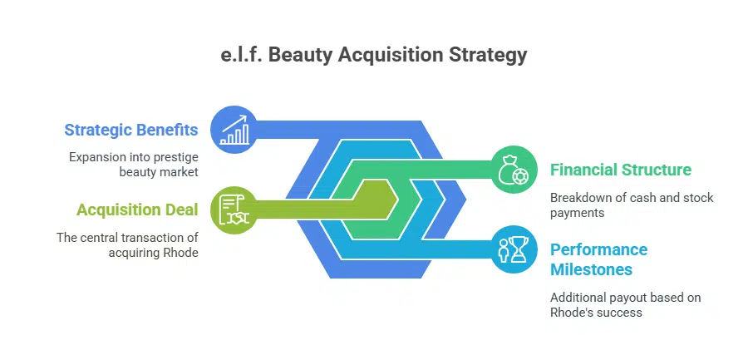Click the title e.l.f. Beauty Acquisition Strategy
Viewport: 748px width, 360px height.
[373, 56]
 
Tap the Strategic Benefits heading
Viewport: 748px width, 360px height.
[131, 130]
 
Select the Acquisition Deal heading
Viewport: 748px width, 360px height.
[137, 210]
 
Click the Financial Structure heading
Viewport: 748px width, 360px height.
[620, 170]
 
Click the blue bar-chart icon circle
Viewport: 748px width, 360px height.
[234, 130]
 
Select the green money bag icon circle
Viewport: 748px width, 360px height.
[512, 170]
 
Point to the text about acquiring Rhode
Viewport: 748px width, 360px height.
[127, 244]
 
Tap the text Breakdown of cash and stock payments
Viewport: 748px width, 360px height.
[632, 205]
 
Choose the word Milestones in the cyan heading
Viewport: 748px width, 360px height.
[593, 270]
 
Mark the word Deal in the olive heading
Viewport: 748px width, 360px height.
[181, 210]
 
